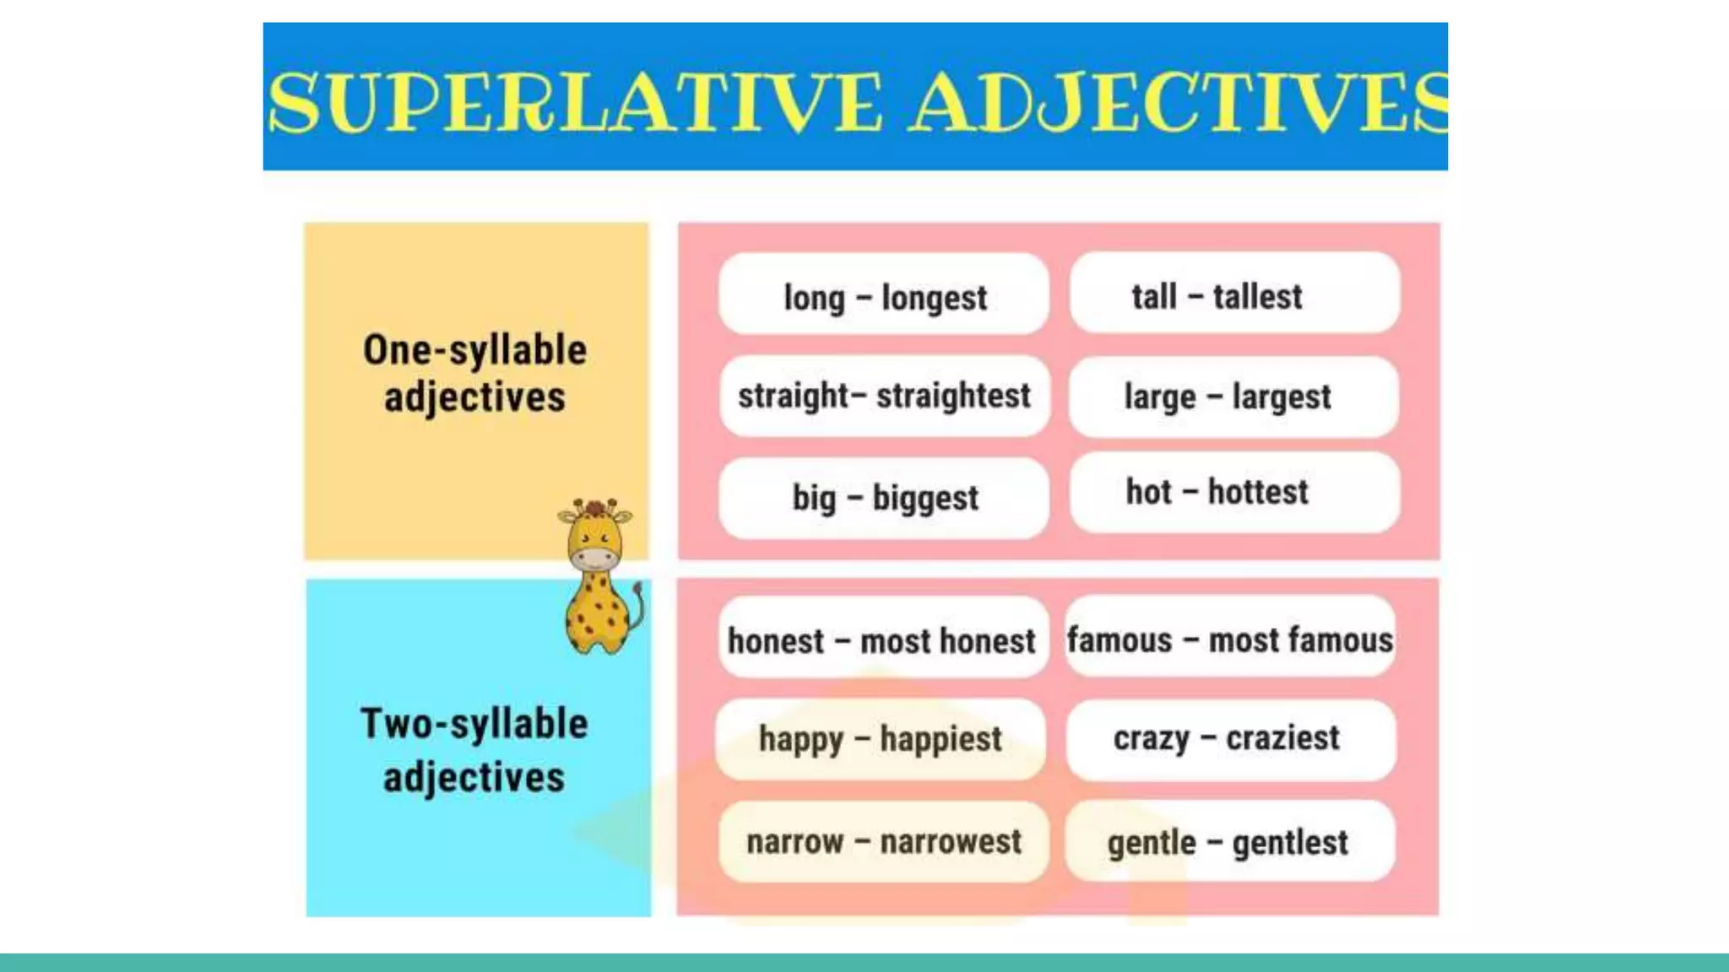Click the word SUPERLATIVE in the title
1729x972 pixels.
tap(574, 103)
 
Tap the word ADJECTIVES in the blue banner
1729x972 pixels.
tap(1178, 103)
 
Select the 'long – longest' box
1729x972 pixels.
tap(884, 295)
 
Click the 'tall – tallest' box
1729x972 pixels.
tap(1234, 294)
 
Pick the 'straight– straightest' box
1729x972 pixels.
tap(884, 395)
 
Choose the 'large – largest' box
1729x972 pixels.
tap(1233, 396)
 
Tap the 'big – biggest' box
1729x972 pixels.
tap(884, 497)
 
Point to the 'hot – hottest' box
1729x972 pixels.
tap(1234, 491)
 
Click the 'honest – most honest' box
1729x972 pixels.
tap(882, 640)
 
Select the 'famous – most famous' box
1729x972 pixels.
tap(1230, 639)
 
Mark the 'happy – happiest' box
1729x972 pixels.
tap(881, 738)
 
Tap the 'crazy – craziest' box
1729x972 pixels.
tap(1230, 738)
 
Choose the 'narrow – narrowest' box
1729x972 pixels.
tap(883, 841)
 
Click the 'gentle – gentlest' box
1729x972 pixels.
tap(1229, 841)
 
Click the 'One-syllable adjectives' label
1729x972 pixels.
tap(475, 373)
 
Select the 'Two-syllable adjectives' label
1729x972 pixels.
tap(474, 749)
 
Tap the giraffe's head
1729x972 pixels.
tap(595, 536)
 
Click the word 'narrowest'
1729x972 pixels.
tap(951, 841)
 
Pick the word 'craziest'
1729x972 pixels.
tap(1282, 738)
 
